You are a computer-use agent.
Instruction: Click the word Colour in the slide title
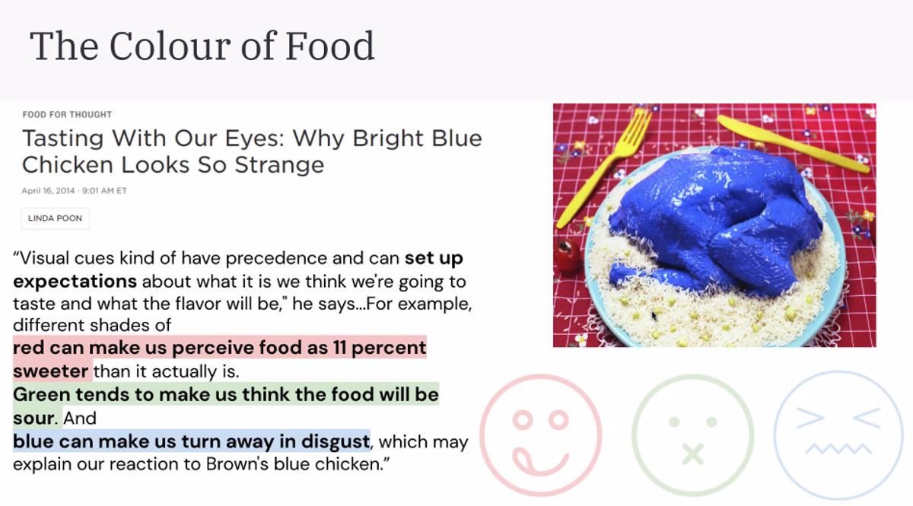(170, 46)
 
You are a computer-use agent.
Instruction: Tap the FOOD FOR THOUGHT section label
(67, 115)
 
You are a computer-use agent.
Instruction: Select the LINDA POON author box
(55, 218)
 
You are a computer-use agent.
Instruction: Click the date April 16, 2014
(48, 191)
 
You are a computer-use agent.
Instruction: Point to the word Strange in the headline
(279, 166)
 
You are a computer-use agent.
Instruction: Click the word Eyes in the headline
(254, 138)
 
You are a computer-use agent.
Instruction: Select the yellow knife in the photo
(793, 143)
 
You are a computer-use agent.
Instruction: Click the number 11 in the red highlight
(339, 348)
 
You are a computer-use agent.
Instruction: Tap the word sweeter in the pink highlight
(50, 371)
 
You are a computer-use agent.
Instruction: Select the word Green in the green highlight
(42, 395)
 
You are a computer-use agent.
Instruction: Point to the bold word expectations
(75, 282)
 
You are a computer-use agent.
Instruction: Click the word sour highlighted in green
(33, 418)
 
